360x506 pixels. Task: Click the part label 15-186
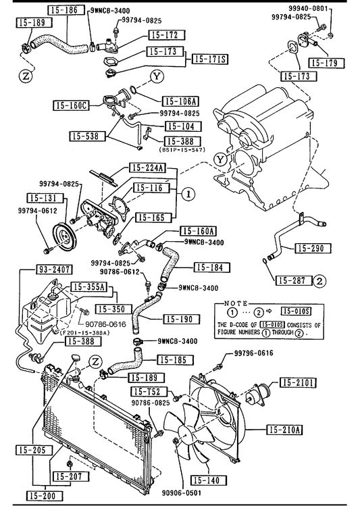pyautogui.click(x=66, y=9)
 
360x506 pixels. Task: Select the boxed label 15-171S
pyautogui.click(x=210, y=59)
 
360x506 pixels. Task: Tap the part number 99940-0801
pyautogui.click(x=308, y=9)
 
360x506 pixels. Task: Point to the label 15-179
pyautogui.click(x=326, y=63)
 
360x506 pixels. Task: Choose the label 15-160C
pyautogui.click(x=71, y=105)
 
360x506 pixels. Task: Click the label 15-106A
pyautogui.click(x=180, y=101)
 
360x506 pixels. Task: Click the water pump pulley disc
pyautogui.click(x=64, y=238)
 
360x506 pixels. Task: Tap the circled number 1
pyautogui.click(x=188, y=194)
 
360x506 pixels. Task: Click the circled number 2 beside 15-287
pyautogui.click(x=319, y=281)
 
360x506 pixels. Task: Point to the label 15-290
pyautogui.click(x=313, y=248)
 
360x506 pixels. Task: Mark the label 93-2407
pyautogui.click(x=53, y=269)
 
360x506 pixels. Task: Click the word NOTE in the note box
pyautogui.click(x=236, y=303)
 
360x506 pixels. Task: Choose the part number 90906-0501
pyautogui.click(x=181, y=492)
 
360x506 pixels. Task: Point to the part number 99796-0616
pyautogui.click(x=253, y=353)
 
